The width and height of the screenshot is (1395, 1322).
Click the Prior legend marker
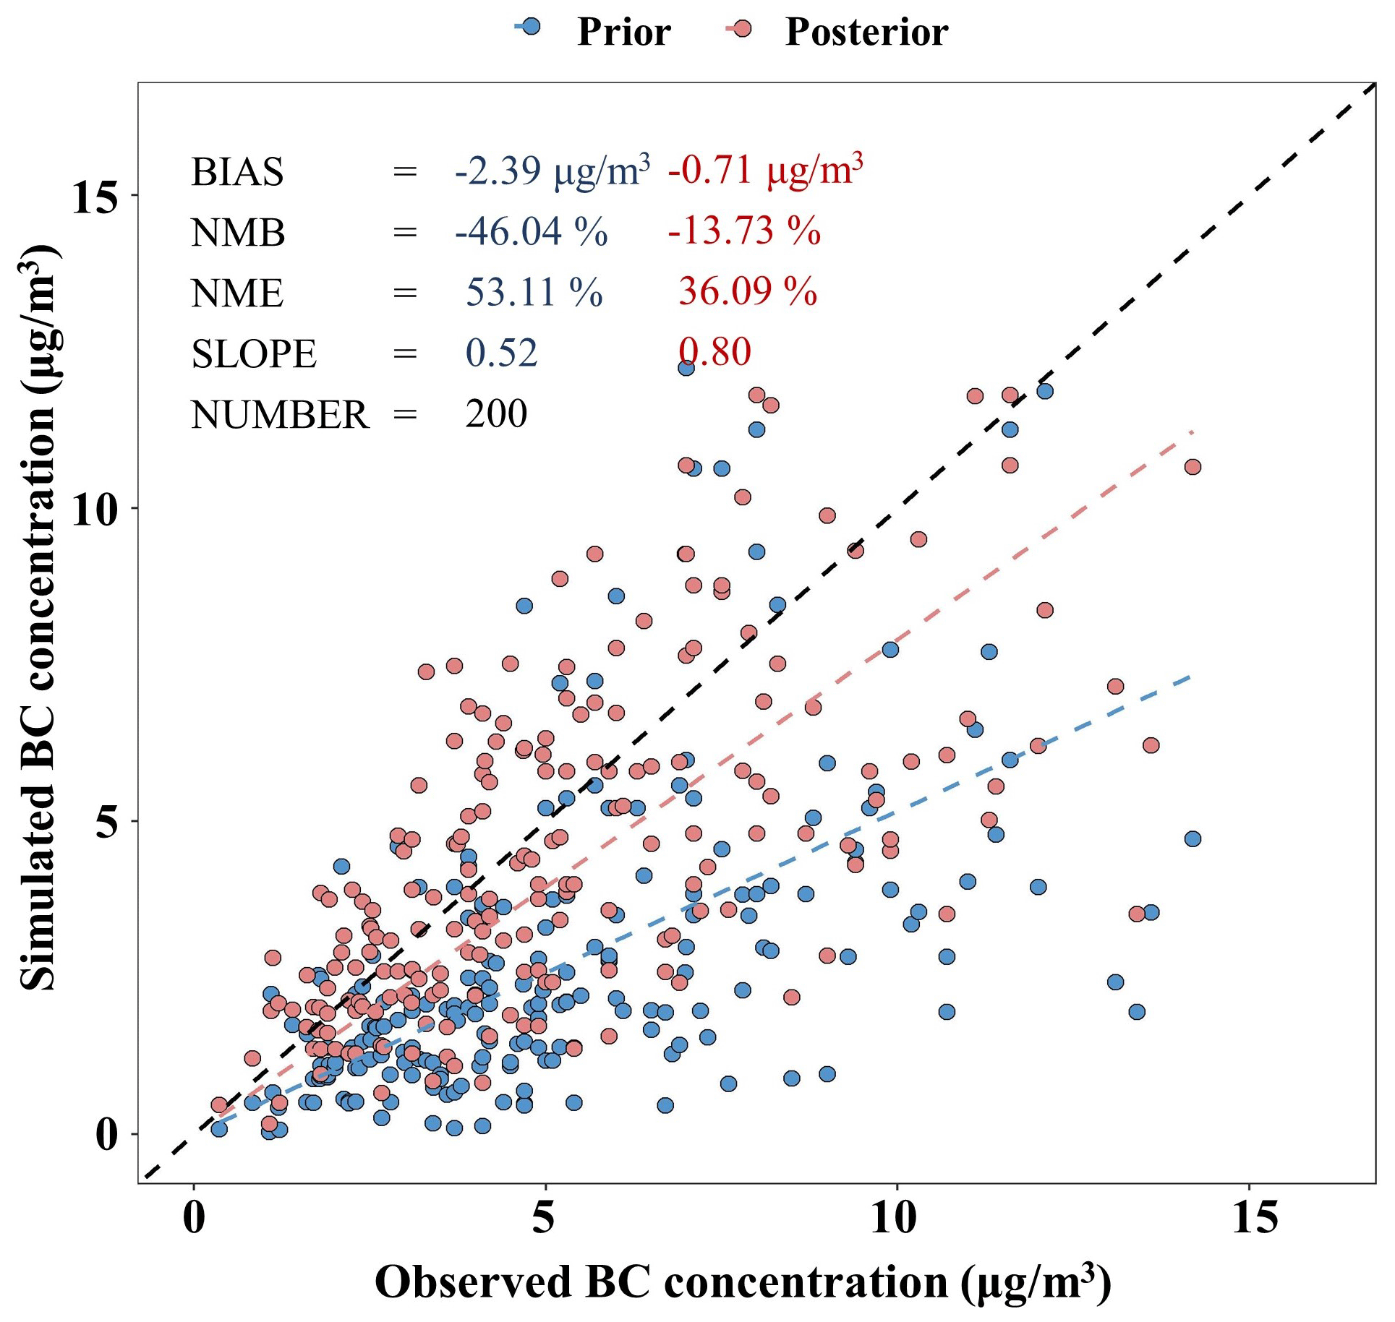point(531,27)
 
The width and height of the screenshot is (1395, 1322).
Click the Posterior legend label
point(866,32)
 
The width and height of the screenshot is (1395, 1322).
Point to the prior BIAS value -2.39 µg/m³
point(552,171)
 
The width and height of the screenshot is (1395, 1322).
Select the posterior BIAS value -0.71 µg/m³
point(765,171)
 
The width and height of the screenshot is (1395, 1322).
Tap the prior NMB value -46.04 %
point(531,231)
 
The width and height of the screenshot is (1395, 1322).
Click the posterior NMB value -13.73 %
point(744,231)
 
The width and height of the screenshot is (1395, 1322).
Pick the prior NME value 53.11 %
point(534,292)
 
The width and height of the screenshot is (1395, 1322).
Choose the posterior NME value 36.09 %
point(747,292)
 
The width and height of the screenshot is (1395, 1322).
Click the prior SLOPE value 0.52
point(501,353)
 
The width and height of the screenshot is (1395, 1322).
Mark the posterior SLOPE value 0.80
point(714,353)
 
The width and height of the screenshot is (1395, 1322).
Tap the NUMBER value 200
point(496,413)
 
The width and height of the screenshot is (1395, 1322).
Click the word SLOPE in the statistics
point(254,354)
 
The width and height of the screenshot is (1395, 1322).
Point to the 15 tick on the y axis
point(94,197)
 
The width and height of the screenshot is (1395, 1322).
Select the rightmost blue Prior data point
point(1193,839)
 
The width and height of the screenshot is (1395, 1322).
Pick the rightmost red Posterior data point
point(1193,467)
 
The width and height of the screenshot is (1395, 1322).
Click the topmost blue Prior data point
point(686,368)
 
